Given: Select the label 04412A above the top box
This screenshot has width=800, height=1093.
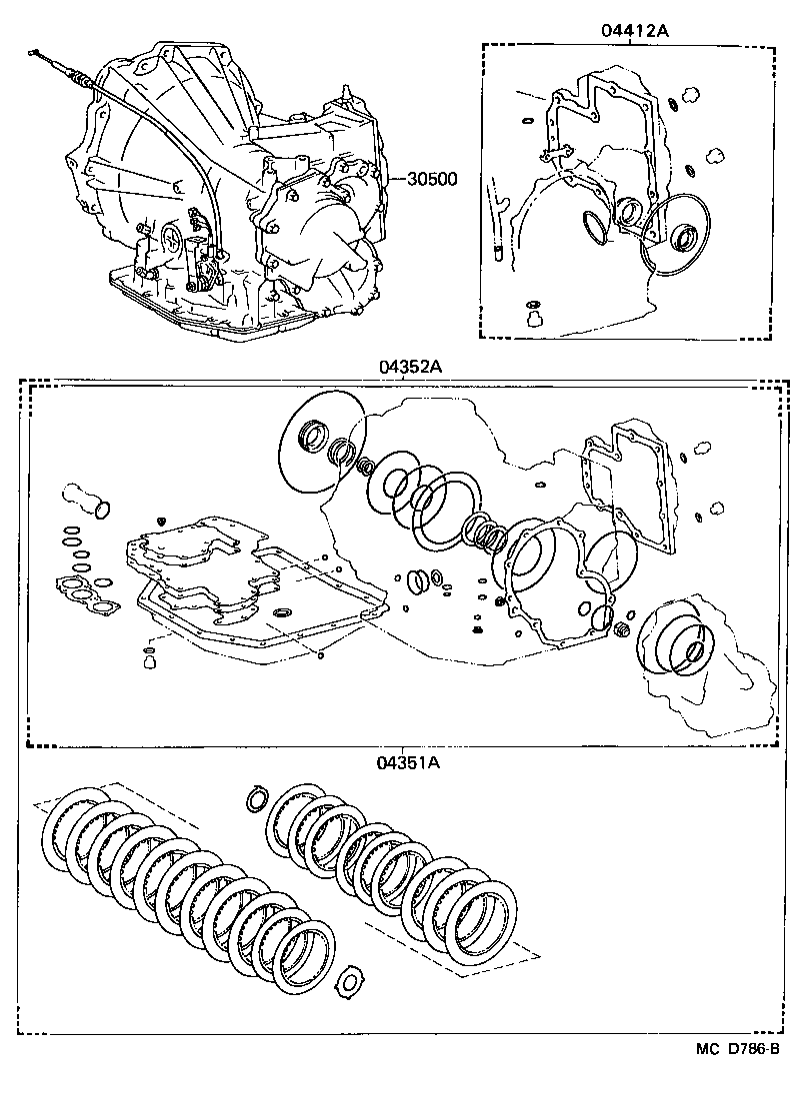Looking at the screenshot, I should pos(634,30).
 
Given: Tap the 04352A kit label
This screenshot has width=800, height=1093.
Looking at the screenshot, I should pos(410,367).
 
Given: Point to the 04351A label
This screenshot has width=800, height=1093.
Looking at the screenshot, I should pos(409,763).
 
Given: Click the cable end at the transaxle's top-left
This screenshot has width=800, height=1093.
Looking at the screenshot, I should pos(37,52).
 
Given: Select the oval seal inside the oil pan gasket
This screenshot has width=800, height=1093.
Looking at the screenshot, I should pos(284,611).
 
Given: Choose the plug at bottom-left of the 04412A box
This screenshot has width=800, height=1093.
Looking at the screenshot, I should pos(533,317).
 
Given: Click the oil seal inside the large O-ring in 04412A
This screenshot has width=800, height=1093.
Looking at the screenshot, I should pos(684,238).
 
